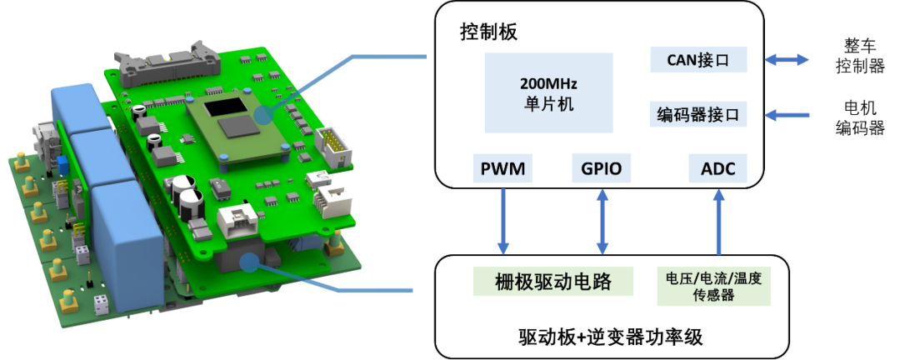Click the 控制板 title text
489,32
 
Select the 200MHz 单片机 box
548,93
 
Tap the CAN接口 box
698,60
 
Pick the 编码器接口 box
698,114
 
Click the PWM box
502,169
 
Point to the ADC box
717,169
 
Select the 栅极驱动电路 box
542,282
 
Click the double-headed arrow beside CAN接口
787,60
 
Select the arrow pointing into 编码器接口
787,114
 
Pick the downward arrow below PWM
503,222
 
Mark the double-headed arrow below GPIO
601,222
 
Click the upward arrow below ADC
717,222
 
